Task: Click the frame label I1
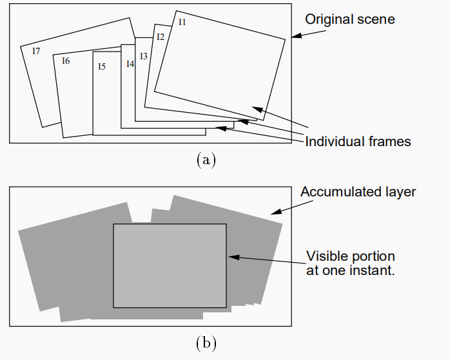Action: pos(182,22)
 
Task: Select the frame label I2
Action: pos(161,37)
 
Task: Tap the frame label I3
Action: pos(144,57)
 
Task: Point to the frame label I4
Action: pos(130,64)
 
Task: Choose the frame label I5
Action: pos(102,66)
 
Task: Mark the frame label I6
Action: pos(66,61)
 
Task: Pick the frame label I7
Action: pos(36,51)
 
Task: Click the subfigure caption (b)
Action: pos(205,343)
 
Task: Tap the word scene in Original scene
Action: pos(375,19)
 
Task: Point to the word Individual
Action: pos(333,141)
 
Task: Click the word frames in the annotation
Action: pos(388,141)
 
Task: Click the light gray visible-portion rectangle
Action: pos(170,265)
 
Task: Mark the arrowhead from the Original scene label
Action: pos(294,37)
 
